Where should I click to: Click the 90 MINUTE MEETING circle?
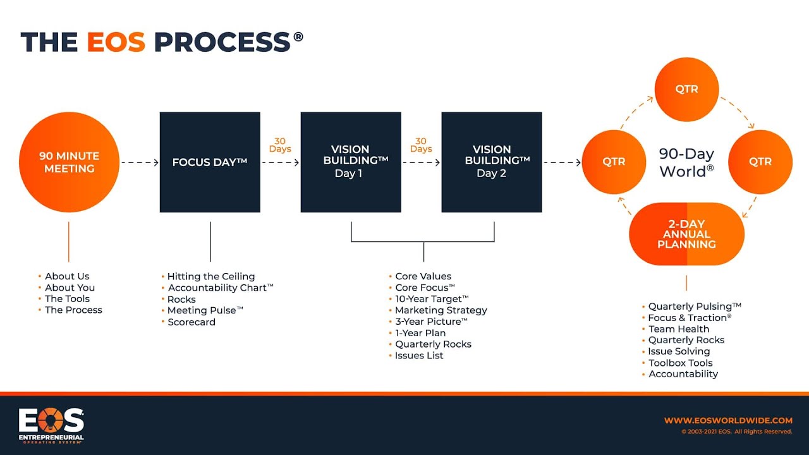click(69, 162)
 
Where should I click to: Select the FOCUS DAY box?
click(210, 162)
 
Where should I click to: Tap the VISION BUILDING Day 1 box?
click(351, 162)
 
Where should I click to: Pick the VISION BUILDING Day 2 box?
click(492, 162)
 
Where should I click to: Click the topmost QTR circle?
click(686, 89)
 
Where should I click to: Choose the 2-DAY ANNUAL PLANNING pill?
click(686, 234)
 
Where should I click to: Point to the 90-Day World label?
click(686, 162)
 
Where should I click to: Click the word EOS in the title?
click(116, 42)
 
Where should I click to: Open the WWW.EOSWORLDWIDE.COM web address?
click(728, 420)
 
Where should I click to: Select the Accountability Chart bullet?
click(220, 288)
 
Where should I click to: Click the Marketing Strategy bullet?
click(441, 310)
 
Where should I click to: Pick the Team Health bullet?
click(678, 329)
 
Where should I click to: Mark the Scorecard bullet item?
click(191, 322)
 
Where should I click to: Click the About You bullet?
click(70, 288)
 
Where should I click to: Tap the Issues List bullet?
click(419, 355)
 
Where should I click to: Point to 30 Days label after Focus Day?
click(280, 145)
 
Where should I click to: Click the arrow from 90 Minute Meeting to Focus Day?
click(139, 162)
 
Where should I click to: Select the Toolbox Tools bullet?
click(680, 363)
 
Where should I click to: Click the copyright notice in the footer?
click(736, 432)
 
